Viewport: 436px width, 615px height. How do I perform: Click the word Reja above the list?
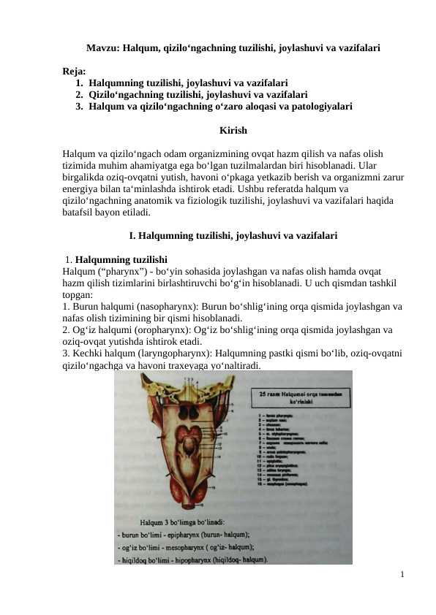[73, 72]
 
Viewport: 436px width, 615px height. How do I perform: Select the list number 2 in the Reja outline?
[78, 95]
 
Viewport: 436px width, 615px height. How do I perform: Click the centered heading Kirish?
[233, 131]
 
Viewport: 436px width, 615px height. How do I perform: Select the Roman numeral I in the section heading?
[131, 237]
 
